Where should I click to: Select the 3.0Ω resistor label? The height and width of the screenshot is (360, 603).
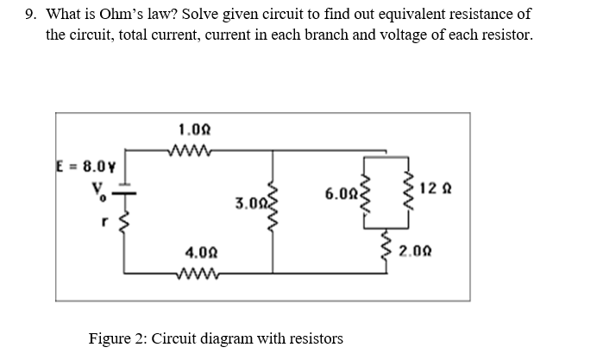point(249,205)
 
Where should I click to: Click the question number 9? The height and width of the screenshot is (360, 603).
point(31,15)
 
